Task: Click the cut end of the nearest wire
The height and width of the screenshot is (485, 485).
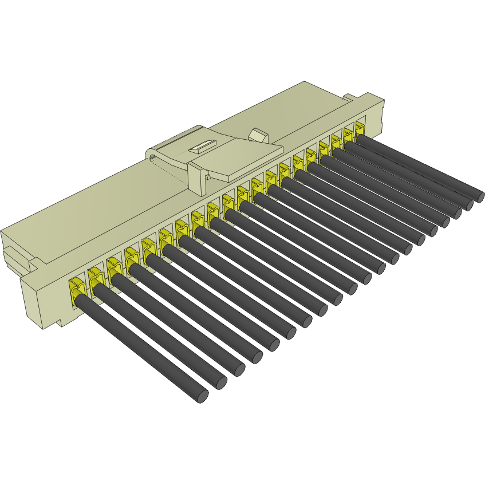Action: (x=202, y=396)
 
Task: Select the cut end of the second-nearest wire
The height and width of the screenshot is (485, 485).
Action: (x=220, y=383)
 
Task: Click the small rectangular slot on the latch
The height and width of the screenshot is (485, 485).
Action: (x=200, y=147)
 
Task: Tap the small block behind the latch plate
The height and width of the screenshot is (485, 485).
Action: (x=259, y=136)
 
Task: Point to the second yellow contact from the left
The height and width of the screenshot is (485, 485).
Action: (x=95, y=277)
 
